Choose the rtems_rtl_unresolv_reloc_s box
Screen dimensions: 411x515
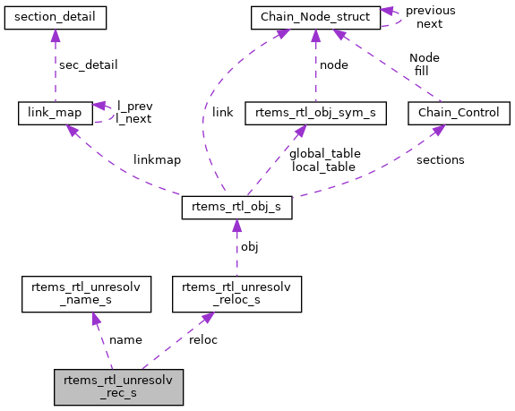click(x=236, y=295)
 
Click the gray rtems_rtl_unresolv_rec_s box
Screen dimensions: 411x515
click(x=118, y=387)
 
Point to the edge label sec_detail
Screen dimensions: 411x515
click(x=88, y=65)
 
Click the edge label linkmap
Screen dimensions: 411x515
click(x=157, y=160)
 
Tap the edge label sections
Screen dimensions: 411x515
click(x=440, y=160)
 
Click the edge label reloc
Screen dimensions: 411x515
click(x=202, y=340)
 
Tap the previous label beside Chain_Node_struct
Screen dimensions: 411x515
click(x=430, y=11)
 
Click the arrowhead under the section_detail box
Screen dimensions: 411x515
click(x=56, y=34)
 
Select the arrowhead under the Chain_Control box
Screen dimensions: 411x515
click(x=439, y=130)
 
